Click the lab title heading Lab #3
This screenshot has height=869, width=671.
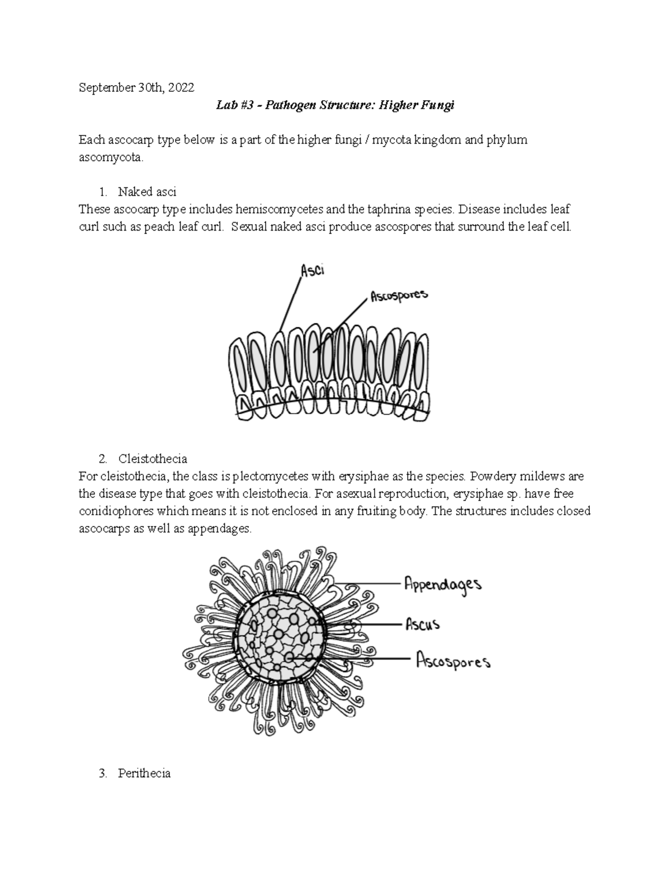(x=335, y=106)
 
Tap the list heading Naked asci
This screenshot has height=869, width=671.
(x=147, y=192)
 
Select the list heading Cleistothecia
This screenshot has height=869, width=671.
(x=153, y=459)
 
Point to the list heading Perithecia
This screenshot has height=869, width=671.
(x=144, y=773)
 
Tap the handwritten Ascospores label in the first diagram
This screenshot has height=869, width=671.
(x=399, y=296)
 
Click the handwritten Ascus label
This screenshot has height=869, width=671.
(x=422, y=623)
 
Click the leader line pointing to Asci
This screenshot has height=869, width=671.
(x=291, y=305)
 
